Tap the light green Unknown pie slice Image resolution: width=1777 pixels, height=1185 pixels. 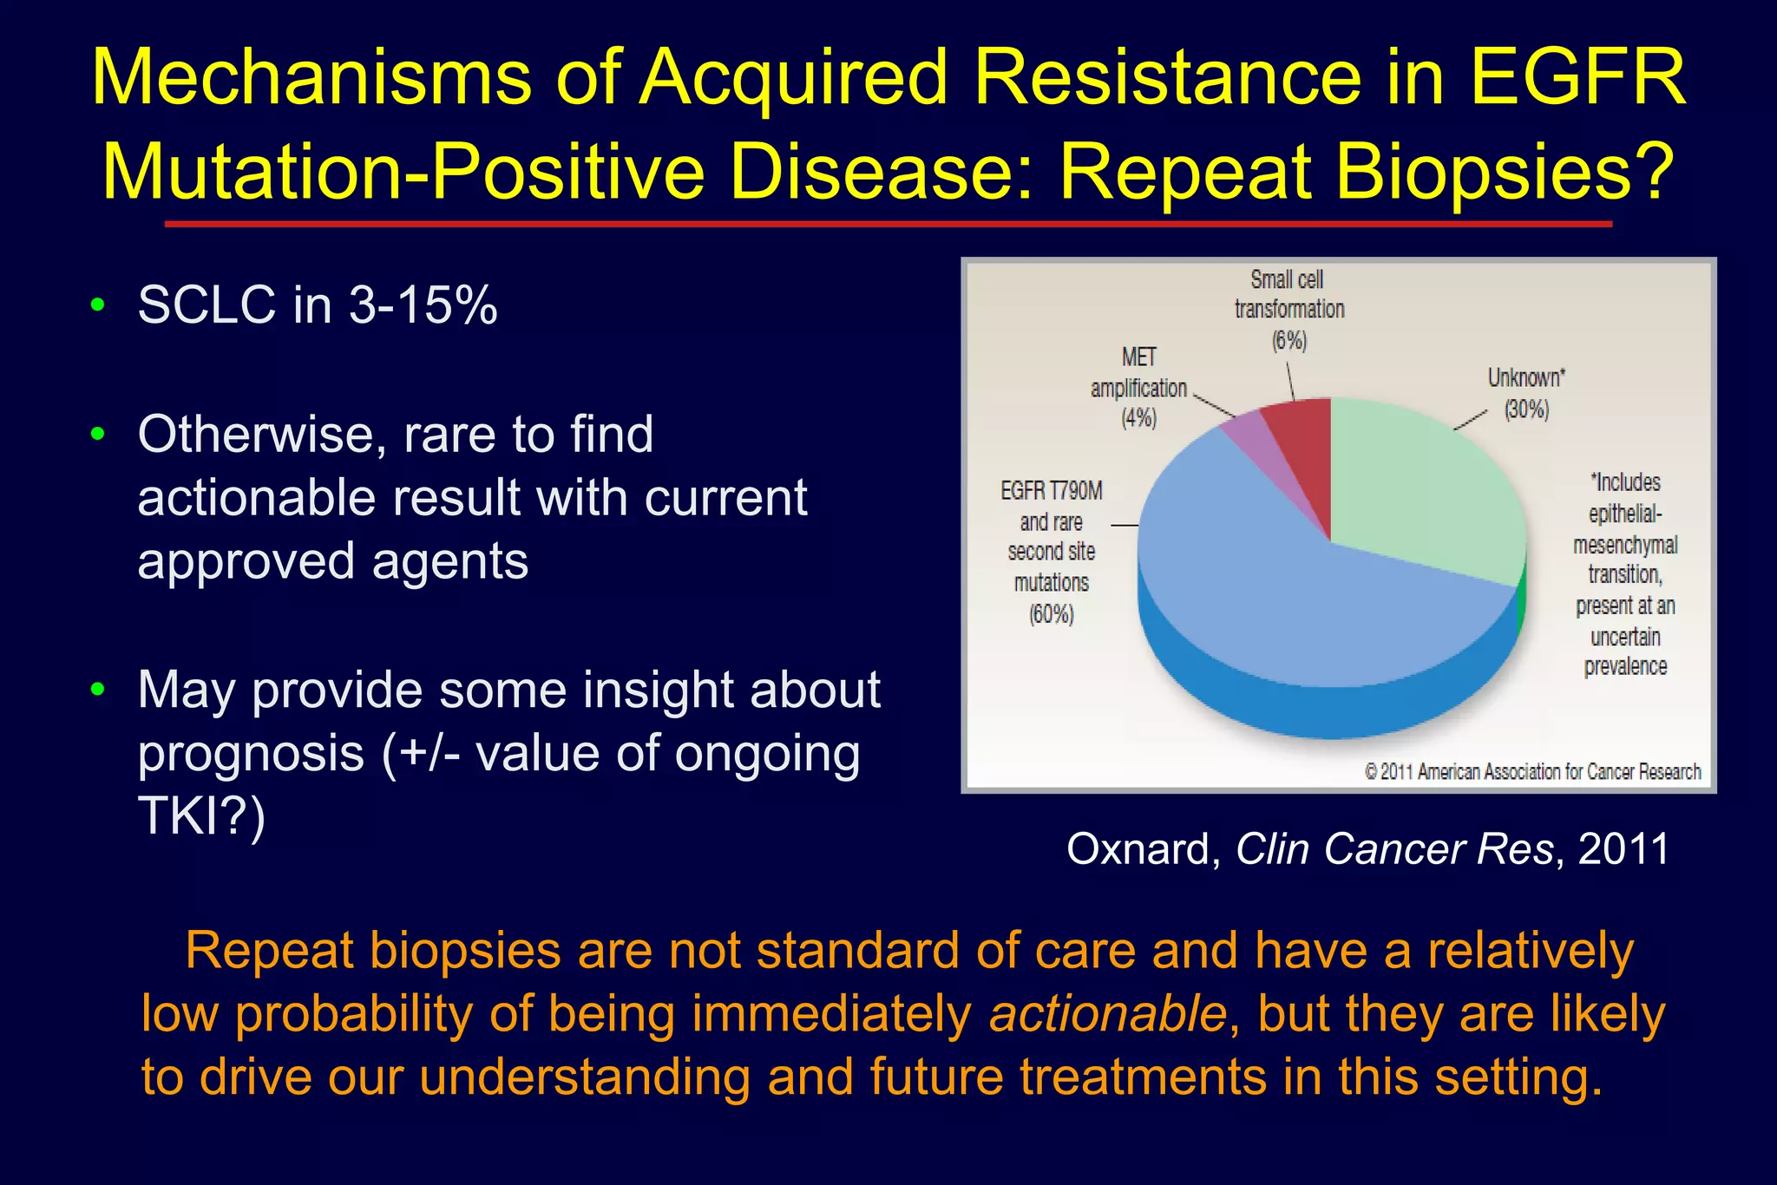coord(1423,486)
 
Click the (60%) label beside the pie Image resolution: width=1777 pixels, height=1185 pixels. coord(1052,615)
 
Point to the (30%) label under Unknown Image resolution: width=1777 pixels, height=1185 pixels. coord(1526,409)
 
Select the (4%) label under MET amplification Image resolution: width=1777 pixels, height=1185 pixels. coord(1138,419)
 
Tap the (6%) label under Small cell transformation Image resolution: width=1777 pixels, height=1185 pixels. coord(1289,341)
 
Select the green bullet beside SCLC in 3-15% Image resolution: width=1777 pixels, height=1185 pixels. coord(98,304)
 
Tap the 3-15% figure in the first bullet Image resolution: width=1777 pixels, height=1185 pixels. coord(423,305)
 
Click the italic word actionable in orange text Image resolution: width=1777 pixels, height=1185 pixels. coord(1108,1013)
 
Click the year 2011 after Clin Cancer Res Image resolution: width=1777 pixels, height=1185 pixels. coord(1623,848)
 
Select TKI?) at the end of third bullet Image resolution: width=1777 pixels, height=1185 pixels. coord(201,816)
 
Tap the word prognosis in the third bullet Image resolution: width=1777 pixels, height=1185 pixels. coord(251,753)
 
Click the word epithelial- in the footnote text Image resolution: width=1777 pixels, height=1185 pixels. coord(1625,514)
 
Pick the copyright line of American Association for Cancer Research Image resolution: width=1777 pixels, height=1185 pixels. coord(1532,771)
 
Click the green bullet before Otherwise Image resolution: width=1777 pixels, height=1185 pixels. coord(98,433)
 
